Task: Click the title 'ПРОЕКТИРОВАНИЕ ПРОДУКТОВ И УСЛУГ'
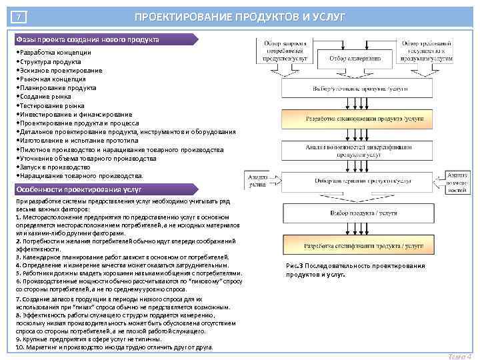click(240, 16)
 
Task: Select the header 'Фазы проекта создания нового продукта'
click(87, 39)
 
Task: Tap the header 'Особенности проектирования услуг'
click(73, 189)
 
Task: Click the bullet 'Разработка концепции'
click(53, 52)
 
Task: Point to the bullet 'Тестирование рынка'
click(52, 105)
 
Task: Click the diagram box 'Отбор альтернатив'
click(354, 58)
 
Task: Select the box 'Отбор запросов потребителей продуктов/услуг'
click(289, 51)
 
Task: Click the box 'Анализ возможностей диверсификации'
click(354, 150)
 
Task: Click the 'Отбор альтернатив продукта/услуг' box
click(354, 181)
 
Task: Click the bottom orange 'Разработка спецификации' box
click(354, 246)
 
